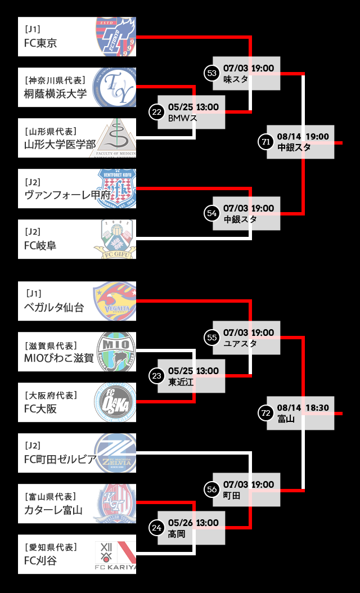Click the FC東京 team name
point(40,43)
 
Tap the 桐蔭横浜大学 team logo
point(116,87)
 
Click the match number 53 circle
point(211,73)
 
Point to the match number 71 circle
point(265,142)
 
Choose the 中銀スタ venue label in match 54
point(240,219)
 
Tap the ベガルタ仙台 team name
point(54,308)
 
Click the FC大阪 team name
point(40,409)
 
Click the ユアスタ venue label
point(240,343)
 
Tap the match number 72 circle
point(265,413)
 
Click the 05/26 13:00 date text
point(193,523)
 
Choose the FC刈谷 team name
point(40,561)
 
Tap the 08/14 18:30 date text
point(303,407)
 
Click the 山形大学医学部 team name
point(60,145)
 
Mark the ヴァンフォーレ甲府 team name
point(67,195)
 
